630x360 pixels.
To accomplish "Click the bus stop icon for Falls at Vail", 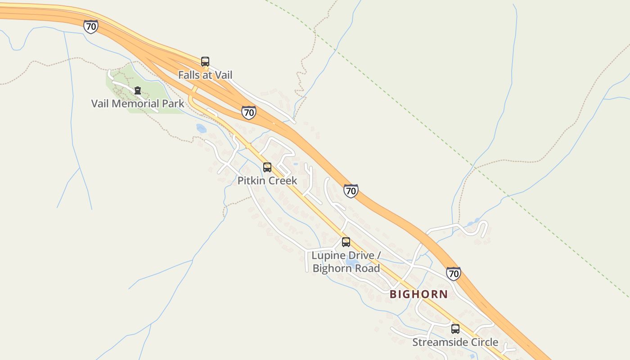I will coord(205,62).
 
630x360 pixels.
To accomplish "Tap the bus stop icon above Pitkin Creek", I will coord(267,167).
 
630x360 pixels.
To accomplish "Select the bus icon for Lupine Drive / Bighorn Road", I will coord(346,242).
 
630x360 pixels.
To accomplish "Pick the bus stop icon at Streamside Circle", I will coord(455,329).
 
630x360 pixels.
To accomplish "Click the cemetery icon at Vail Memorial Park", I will coord(138,90).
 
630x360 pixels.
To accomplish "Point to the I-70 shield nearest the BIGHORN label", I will coord(454,273).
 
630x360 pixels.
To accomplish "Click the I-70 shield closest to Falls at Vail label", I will coord(248,112).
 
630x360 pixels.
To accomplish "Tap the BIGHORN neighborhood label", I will coord(418,294).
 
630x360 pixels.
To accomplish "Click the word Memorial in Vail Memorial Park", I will coord(132,103).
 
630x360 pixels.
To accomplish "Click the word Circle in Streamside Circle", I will coord(484,342).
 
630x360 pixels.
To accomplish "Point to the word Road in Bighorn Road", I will coord(366,269).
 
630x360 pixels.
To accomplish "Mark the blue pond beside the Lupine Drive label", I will coord(352,262).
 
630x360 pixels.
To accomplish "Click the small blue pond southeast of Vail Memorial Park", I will coord(201,128).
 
